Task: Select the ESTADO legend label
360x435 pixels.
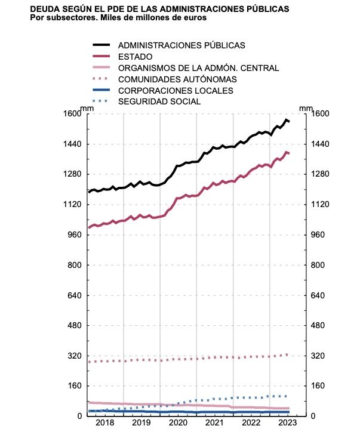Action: [x=136, y=57]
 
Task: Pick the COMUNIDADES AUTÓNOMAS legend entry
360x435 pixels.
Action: [x=177, y=79]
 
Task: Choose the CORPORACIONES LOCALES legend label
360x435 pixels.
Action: [x=176, y=91]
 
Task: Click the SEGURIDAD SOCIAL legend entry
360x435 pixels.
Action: [x=159, y=102]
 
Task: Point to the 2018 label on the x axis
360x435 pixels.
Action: [x=105, y=423]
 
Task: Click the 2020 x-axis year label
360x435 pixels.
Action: [x=178, y=423]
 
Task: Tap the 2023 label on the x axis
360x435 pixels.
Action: [x=288, y=423]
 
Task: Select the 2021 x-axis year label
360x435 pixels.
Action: [x=214, y=423]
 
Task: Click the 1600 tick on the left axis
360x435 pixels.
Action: [x=73, y=114]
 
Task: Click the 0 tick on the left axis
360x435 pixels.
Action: [x=80, y=416]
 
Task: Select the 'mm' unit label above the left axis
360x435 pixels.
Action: [x=87, y=107]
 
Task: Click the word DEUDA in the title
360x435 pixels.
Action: [x=46, y=10]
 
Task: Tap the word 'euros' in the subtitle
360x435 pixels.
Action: [x=193, y=18]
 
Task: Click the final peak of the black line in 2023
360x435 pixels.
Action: [x=287, y=121]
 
